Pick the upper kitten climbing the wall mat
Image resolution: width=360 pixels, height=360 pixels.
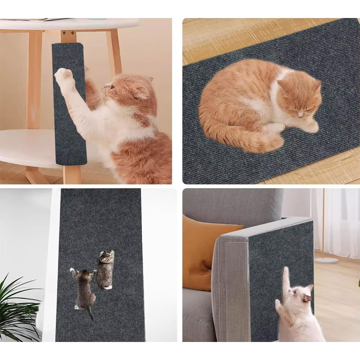[x=105, y=269]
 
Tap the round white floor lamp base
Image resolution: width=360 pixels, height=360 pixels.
[x=326, y=260]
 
